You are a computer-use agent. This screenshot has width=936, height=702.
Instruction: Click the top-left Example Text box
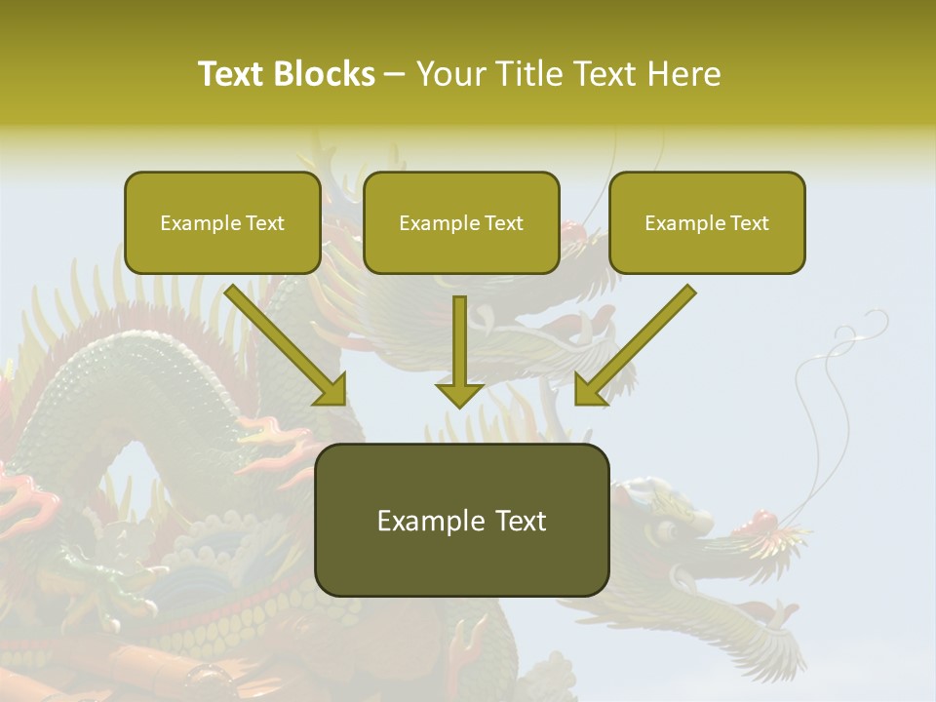[222, 223]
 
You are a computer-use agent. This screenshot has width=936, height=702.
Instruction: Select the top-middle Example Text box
[461, 223]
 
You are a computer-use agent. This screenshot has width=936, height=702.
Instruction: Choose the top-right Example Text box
[707, 223]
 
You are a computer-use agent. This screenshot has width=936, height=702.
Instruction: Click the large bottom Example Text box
[462, 521]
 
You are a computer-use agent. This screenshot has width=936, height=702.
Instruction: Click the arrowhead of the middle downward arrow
[460, 394]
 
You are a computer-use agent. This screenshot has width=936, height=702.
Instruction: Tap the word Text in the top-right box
[749, 223]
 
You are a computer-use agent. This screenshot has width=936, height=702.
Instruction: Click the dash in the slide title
[395, 74]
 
